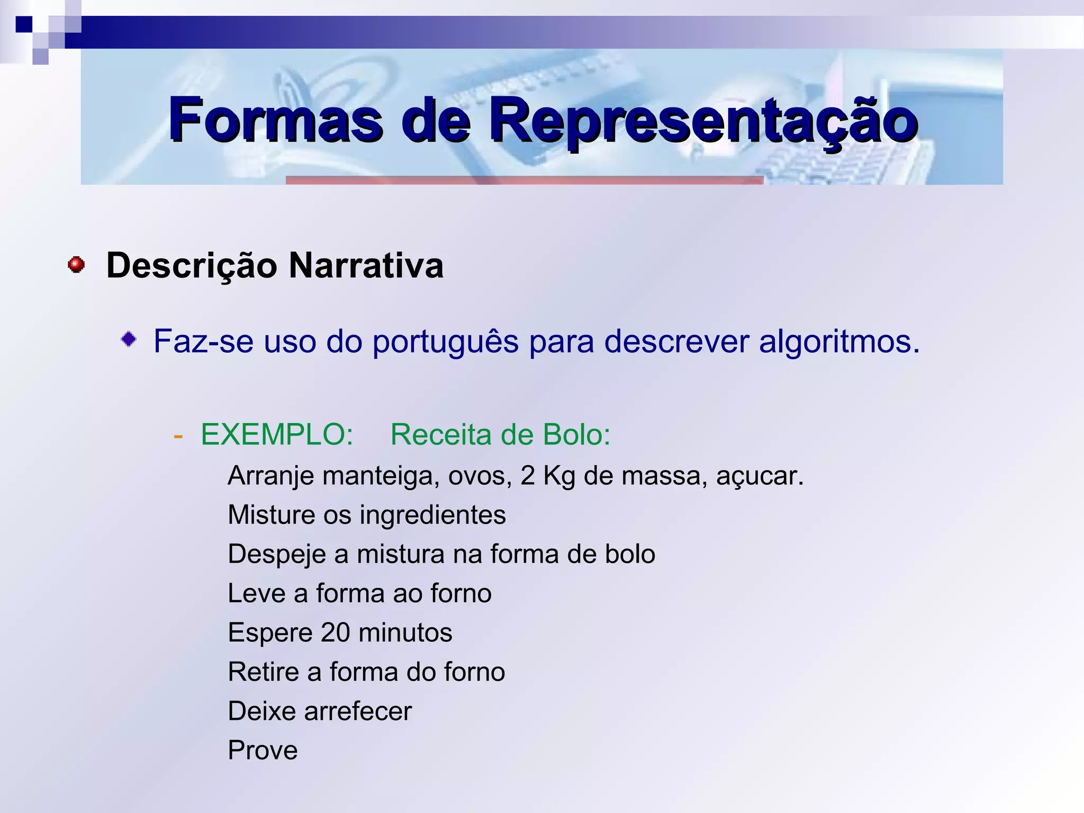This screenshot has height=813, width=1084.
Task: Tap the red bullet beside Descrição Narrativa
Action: [76, 265]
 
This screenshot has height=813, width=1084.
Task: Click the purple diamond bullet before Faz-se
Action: [129, 339]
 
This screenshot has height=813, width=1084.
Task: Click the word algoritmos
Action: [839, 341]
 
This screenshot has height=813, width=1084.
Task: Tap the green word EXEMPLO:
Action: [277, 435]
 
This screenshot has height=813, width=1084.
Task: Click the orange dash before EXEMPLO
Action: [178, 436]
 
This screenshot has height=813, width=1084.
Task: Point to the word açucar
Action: [760, 476]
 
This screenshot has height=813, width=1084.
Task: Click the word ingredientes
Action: [432, 515]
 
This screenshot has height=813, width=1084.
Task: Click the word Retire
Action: [263, 672]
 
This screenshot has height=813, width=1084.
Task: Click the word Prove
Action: [263, 750]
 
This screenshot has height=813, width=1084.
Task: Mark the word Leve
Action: [256, 593]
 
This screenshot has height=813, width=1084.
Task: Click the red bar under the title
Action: [524, 180]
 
